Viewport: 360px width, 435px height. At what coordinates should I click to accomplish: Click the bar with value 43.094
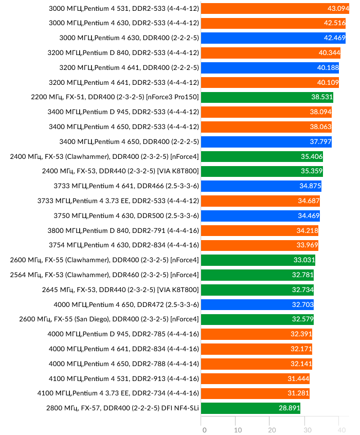275,8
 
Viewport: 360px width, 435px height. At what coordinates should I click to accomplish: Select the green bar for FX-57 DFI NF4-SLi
250,408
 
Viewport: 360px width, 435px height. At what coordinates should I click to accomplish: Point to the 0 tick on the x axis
204,430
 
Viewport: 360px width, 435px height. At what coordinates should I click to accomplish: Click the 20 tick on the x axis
272,430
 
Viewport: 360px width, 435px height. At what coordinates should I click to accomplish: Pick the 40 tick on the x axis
340,430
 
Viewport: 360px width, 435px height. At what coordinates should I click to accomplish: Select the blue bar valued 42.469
273,38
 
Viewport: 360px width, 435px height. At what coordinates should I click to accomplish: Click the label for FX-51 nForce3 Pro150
115,97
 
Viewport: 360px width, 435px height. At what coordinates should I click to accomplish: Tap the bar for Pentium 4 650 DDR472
257,304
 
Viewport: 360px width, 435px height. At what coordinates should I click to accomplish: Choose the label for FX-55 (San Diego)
109,319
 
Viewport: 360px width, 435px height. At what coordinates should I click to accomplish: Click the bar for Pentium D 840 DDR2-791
259,230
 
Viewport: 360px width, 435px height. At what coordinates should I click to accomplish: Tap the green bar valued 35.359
261,171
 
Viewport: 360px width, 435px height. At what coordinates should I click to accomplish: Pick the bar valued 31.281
255,393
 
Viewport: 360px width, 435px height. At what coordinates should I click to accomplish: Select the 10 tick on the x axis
238,430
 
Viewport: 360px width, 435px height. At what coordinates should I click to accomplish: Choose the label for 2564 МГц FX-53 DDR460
104,275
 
